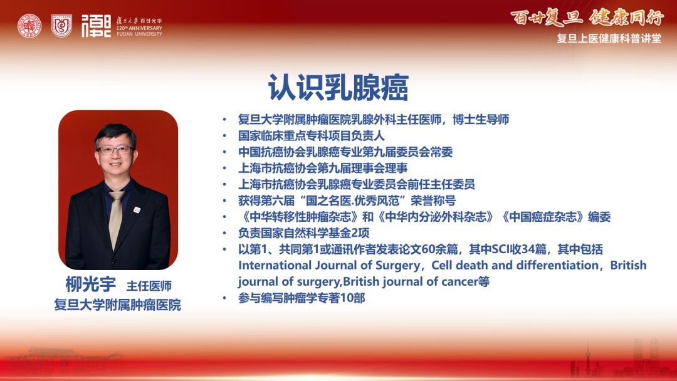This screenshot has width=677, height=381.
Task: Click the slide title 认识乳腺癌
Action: tap(338, 88)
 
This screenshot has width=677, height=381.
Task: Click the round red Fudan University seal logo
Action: tap(29, 26)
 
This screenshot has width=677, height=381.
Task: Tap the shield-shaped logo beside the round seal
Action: tap(61, 26)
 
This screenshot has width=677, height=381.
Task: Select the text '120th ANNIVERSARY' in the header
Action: tap(139, 28)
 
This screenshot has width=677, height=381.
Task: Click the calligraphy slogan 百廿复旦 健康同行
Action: tap(587, 18)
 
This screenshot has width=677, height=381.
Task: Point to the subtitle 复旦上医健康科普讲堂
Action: tap(609, 38)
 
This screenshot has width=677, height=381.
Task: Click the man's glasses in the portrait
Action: tap(116, 150)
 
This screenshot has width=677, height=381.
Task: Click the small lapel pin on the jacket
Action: tap(137, 210)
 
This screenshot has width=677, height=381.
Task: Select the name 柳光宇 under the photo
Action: tap(91, 284)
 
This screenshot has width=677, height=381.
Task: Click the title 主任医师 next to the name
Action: tap(149, 286)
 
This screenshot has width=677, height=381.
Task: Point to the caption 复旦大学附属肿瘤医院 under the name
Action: tap(117, 305)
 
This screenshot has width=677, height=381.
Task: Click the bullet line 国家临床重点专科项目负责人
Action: tap(312, 136)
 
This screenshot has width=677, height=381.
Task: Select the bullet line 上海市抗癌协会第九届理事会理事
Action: tap(323, 169)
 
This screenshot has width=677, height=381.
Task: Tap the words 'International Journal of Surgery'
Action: tap(329, 265)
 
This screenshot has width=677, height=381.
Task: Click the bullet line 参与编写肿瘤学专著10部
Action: tap(302, 298)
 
